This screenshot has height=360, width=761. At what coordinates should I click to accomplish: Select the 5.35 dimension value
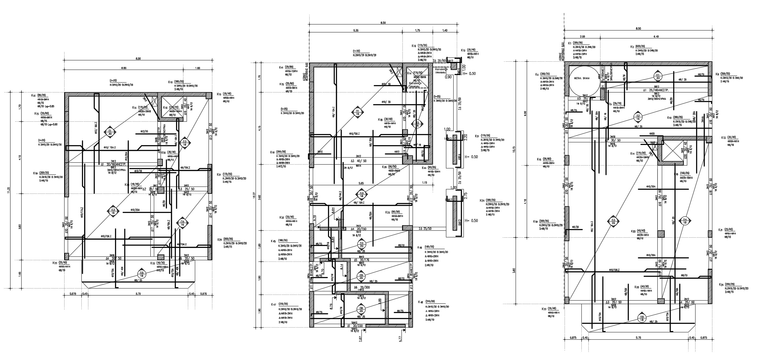[x=356, y=31]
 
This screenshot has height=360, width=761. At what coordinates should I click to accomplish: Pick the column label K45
[x=273, y=241]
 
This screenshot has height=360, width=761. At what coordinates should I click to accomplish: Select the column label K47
[x=273, y=304]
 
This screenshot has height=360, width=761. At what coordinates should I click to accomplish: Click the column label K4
[x=537, y=75]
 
